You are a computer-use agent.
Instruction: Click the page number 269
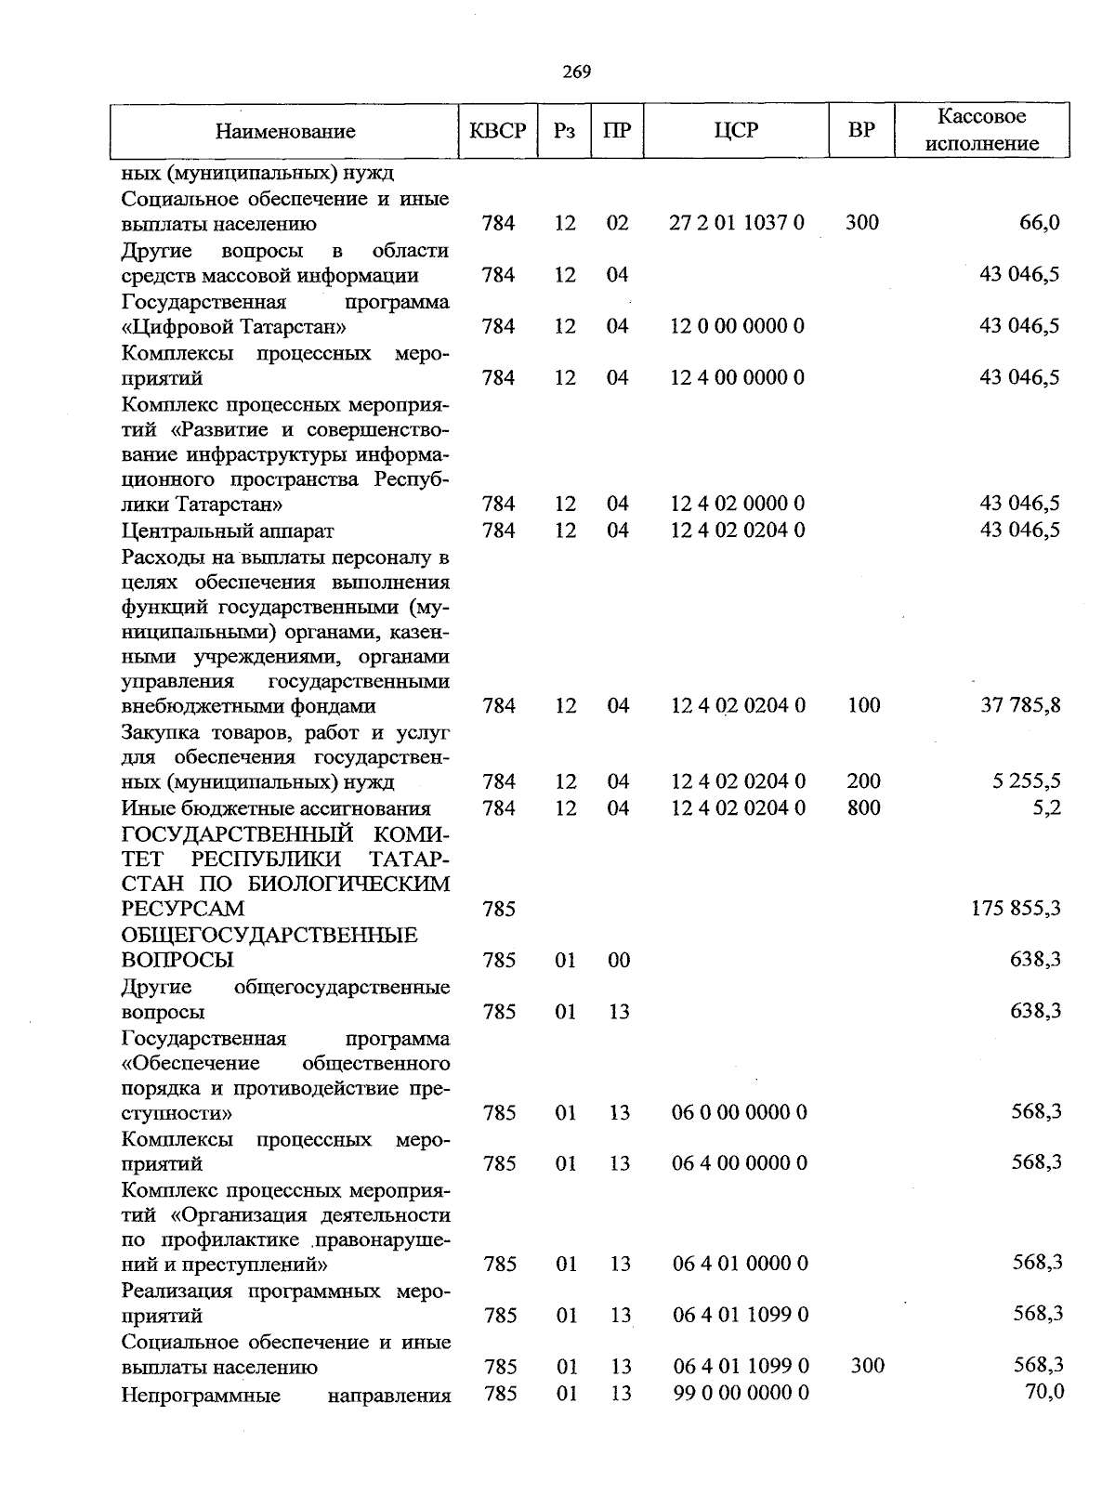pos(576,72)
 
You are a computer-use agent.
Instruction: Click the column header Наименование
pos(285,132)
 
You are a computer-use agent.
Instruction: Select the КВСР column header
pos(498,131)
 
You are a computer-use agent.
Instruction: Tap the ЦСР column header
pos(736,131)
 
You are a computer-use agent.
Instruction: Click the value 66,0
pos(1039,223)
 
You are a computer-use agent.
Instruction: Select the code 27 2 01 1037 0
pos(737,223)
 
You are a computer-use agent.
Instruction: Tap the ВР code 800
pos(864,807)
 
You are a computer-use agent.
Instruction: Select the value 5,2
pos(1045,807)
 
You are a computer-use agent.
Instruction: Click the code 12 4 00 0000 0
pos(738,377)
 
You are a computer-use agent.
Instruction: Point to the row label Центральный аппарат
pos(228,531)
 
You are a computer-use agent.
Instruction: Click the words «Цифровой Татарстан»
pos(235,327)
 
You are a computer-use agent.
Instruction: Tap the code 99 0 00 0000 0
pos(741,1393)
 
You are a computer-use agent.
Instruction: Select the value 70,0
pos(1042,1392)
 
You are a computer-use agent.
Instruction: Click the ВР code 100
pos(864,705)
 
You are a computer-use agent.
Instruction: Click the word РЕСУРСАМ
pos(183,909)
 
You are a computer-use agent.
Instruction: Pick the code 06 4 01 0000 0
pos(741,1264)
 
